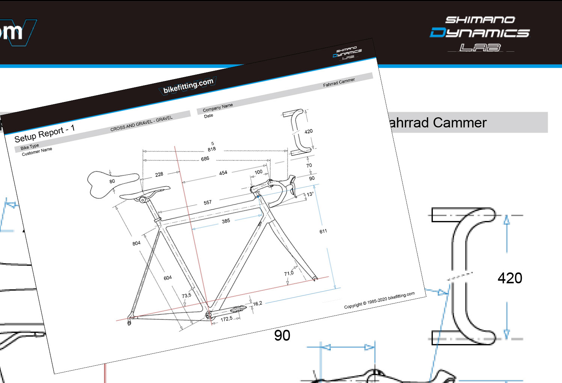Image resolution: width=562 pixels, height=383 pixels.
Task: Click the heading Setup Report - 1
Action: [x=45, y=133]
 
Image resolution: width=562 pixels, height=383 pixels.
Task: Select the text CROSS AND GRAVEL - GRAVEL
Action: [x=142, y=124]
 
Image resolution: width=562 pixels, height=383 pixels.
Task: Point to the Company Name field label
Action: [x=218, y=108]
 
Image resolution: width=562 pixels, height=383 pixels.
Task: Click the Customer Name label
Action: [x=37, y=151]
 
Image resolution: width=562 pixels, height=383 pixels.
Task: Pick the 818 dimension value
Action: [x=212, y=149]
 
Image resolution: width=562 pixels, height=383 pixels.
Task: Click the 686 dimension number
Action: [x=205, y=159]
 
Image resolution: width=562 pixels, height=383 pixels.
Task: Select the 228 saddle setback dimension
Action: [x=159, y=174]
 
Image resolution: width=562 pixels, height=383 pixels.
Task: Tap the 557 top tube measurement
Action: [x=208, y=202]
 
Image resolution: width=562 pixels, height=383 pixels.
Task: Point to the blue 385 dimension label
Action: [x=226, y=221]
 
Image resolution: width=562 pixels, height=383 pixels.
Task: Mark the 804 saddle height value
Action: [x=136, y=243]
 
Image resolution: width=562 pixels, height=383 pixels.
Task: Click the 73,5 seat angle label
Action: [x=187, y=295]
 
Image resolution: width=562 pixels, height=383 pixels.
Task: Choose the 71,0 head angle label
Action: [x=289, y=273]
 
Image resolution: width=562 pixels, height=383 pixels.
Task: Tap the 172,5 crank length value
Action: [x=226, y=319]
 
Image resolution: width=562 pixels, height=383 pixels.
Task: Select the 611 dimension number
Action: [x=323, y=231]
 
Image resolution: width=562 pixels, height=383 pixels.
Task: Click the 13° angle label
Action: [x=310, y=194]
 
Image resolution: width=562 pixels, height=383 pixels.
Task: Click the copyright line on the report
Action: [x=379, y=300]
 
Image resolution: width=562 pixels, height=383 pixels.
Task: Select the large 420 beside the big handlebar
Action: [x=510, y=278]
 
